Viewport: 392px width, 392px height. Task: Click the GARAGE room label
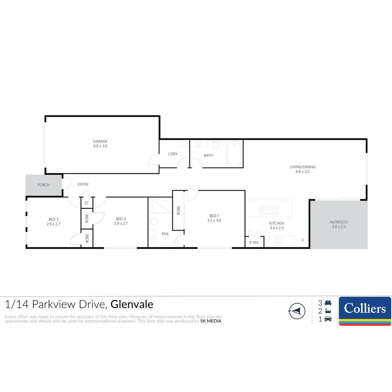tap(100, 142)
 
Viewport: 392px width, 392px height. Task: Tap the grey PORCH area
tap(44, 185)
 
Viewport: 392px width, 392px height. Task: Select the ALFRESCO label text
tap(339, 222)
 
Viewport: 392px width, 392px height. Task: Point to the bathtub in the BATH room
tap(234, 154)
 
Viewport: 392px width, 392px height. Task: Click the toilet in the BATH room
tap(216, 146)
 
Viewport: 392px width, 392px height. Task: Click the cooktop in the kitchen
tap(279, 241)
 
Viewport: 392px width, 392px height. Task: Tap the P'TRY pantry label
tap(254, 242)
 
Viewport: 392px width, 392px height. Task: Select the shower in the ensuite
tap(160, 206)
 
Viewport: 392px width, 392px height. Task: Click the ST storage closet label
tap(86, 203)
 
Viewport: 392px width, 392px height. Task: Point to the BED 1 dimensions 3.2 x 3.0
tap(214, 220)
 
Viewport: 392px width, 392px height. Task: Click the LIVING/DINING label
tap(302, 167)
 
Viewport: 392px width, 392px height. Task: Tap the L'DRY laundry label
tap(173, 154)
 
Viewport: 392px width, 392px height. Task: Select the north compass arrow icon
tap(297, 311)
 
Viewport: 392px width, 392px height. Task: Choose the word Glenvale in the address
tap(132, 304)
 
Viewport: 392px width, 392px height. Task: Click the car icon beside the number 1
tap(328, 319)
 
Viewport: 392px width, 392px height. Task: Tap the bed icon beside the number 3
tap(328, 303)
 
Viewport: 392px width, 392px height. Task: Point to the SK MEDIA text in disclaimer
tap(211, 321)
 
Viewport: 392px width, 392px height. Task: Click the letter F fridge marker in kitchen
tap(303, 240)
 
